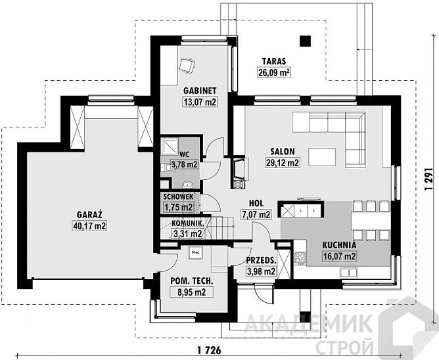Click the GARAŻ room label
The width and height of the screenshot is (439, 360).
tap(89, 215)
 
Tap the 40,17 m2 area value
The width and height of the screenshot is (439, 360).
tap(89, 225)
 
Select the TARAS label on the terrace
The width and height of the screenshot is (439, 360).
tap(274, 61)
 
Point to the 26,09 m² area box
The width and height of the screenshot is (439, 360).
tap(274, 72)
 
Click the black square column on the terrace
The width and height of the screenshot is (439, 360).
tap(305, 41)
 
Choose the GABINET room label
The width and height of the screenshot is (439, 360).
tap(200, 91)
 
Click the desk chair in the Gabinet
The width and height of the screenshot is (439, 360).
tap(187, 66)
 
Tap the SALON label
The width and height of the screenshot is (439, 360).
tap(283, 152)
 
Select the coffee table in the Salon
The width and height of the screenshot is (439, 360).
tap(322, 157)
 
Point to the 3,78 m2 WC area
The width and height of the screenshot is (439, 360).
tap(185, 164)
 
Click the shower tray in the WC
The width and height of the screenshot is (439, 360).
tap(170, 146)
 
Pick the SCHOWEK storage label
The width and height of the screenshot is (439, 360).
tap(178, 197)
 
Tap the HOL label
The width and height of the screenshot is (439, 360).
tap(256, 203)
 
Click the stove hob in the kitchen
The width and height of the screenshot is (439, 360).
tap(300, 258)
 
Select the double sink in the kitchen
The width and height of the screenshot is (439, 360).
tap(348, 273)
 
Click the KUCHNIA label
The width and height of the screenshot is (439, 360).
tap(339, 245)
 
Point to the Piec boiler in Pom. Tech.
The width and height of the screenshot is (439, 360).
tap(195, 253)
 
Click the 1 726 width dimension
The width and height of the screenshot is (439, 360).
tap(209, 350)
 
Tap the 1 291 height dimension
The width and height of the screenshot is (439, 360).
tap(429, 180)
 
